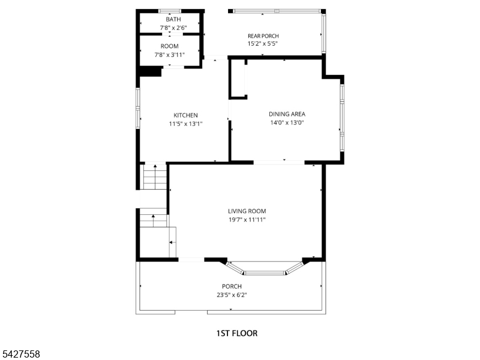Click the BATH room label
pyautogui.click(x=173, y=19)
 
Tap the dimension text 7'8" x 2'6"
pyautogui.click(x=173, y=28)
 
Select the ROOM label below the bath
pyautogui.click(x=170, y=46)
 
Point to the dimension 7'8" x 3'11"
pyautogui.click(x=170, y=55)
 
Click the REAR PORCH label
pyautogui.click(x=263, y=36)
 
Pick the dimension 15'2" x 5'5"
pyautogui.click(x=263, y=43)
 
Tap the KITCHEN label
pyautogui.click(x=185, y=115)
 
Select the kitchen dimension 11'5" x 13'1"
pyautogui.click(x=186, y=124)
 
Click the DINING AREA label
pyautogui.click(x=287, y=114)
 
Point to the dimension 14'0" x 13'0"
pyautogui.click(x=287, y=123)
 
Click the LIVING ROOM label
pyautogui.click(x=247, y=211)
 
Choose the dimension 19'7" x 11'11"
pyautogui.click(x=247, y=220)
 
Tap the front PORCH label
pyautogui.click(x=232, y=286)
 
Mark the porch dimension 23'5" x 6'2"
pyautogui.click(x=232, y=295)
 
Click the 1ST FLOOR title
pyautogui.click(x=237, y=333)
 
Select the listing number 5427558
pyautogui.click(x=20, y=354)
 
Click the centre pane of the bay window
pyautogui.click(x=265, y=272)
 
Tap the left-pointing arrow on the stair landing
pyautogui.click(x=173, y=242)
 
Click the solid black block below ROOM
pyautogui.click(x=151, y=71)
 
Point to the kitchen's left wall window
pyautogui.click(x=138, y=109)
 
